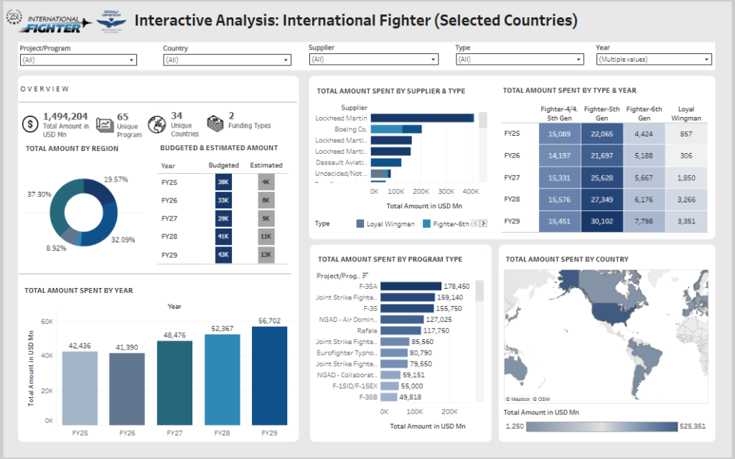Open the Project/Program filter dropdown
point(78,60)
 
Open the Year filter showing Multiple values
point(653,60)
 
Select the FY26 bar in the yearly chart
point(127,388)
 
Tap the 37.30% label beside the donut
point(39,195)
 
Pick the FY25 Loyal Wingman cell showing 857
point(685,134)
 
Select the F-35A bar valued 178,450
point(411,286)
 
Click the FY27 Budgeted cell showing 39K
point(223,218)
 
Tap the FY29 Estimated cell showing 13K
point(266,254)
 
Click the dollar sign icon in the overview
point(30,124)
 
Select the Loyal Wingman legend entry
point(385,224)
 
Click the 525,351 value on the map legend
point(693,426)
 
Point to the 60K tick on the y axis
point(46,321)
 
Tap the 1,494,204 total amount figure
point(66,116)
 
